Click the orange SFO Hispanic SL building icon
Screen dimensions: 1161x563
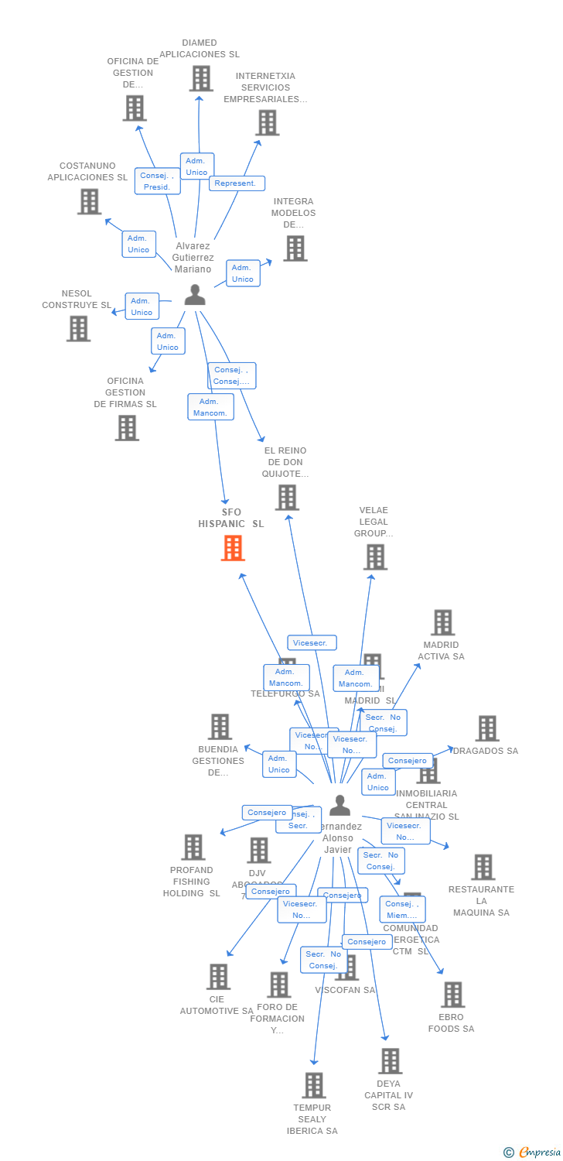tap(233, 548)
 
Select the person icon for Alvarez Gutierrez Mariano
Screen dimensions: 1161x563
tap(195, 295)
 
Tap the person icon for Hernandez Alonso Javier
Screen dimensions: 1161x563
tap(340, 806)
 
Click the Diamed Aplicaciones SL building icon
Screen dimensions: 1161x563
tap(201, 79)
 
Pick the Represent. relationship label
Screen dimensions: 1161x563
tap(237, 183)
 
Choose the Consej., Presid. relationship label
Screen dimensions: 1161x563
tap(158, 181)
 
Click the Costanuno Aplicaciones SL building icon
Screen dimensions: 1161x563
tap(90, 201)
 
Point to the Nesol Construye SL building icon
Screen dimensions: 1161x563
tap(78, 328)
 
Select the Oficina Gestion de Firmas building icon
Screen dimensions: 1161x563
tap(127, 427)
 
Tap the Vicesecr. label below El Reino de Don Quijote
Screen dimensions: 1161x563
tap(312, 642)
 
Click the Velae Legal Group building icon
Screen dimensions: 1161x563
tap(375, 557)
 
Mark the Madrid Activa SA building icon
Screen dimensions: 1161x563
tap(442, 622)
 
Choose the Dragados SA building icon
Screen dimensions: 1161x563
tap(487, 728)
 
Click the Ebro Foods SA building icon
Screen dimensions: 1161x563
tap(452, 995)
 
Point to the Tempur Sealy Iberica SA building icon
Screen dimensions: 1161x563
tap(313, 1085)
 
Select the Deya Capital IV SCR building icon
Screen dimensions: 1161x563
tap(391, 1060)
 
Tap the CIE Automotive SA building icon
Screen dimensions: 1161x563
tap(218, 977)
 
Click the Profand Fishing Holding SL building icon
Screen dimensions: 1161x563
tap(193, 848)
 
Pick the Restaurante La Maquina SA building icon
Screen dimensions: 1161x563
tap(483, 867)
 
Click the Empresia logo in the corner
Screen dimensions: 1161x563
tap(533, 1152)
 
